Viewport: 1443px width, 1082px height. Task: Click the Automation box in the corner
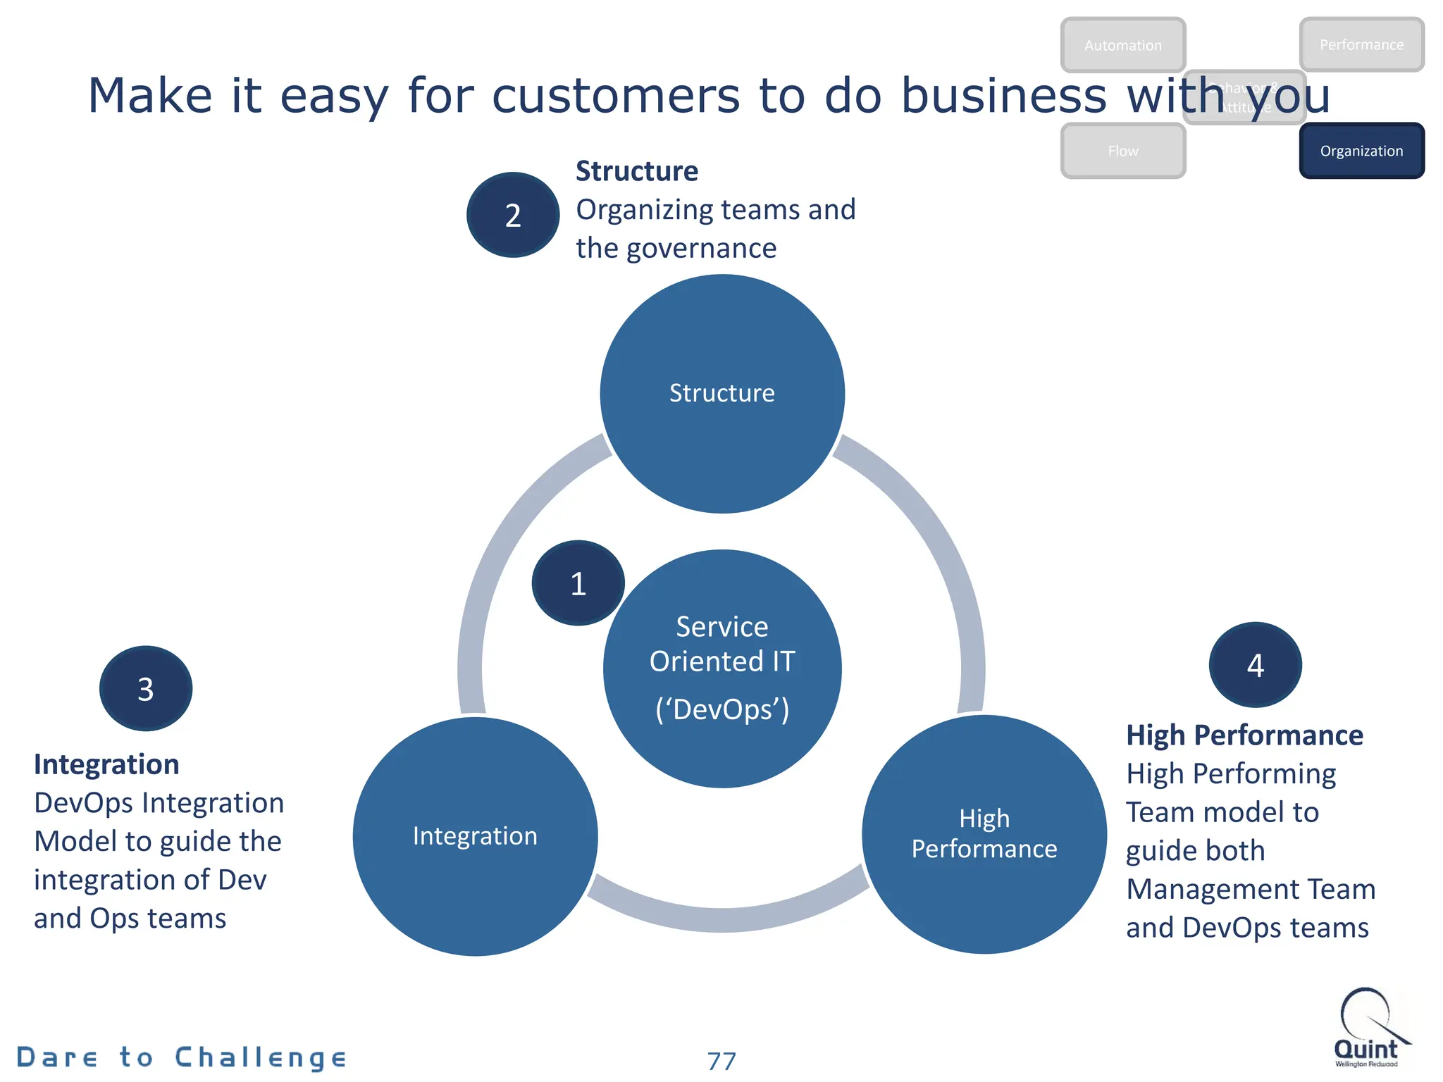(1123, 45)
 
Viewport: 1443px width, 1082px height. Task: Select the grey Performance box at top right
(1361, 44)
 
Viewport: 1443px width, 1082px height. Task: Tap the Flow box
(1123, 151)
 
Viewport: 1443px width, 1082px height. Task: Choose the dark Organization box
(1361, 151)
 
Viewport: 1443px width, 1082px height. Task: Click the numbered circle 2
(513, 215)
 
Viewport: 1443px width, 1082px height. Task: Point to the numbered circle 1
(578, 583)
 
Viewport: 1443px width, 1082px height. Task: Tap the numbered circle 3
(146, 688)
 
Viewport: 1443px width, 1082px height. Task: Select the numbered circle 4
(1255, 665)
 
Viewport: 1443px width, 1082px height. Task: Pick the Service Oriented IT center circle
(722, 669)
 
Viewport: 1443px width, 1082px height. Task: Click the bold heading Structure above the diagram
(637, 171)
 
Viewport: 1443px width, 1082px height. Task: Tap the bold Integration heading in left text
(106, 764)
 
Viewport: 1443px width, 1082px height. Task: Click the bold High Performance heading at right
(1244, 735)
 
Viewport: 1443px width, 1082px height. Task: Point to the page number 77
(721, 1061)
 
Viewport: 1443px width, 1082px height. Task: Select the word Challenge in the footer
(261, 1057)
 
